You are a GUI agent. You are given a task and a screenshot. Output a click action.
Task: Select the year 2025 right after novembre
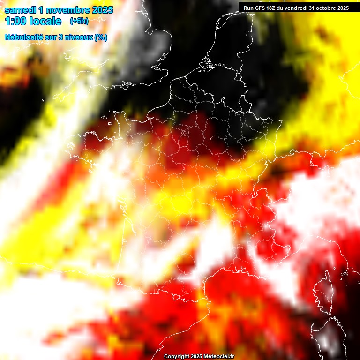[x=102, y=10]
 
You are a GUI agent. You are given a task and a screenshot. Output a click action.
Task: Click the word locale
[x=45, y=22]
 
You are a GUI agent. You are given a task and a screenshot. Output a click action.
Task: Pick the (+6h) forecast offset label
[x=79, y=21]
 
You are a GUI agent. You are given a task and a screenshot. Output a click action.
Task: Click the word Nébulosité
[x=24, y=37]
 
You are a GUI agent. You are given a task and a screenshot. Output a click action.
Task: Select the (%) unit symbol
[x=101, y=37]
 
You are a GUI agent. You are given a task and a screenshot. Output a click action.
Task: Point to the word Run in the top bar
[x=248, y=7]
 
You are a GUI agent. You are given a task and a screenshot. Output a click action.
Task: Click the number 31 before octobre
[x=313, y=7]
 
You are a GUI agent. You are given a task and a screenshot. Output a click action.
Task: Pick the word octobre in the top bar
[x=327, y=7]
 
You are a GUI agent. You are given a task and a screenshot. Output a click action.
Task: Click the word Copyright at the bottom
[x=176, y=357]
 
